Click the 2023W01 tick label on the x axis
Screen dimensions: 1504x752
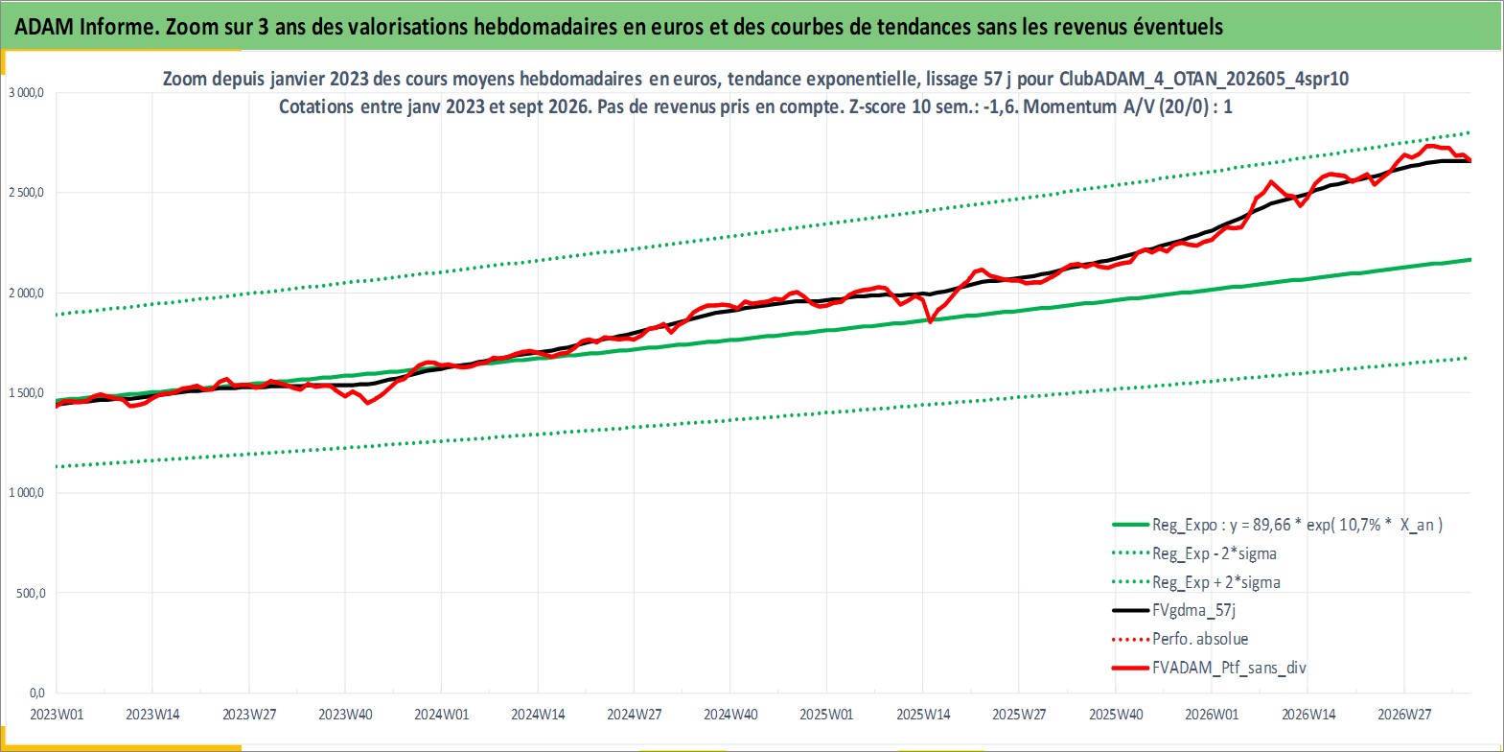[57, 715]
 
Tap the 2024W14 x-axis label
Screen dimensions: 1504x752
[538, 715]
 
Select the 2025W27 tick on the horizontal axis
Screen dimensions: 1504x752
[1019, 715]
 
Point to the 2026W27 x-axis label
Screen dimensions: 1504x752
[1404, 715]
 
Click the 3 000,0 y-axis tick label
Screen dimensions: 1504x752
[26, 93]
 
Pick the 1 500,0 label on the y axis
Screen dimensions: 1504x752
[26, 392]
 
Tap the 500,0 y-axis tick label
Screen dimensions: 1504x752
[31, 593]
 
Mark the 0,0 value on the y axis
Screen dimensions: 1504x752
[37, 693]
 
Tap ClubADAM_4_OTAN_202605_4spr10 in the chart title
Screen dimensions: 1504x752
[1204, 80]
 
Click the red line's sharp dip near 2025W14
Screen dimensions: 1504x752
[930, 322]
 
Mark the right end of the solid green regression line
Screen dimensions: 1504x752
[1470, 259]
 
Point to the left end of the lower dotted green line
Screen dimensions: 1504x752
[58, 466]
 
